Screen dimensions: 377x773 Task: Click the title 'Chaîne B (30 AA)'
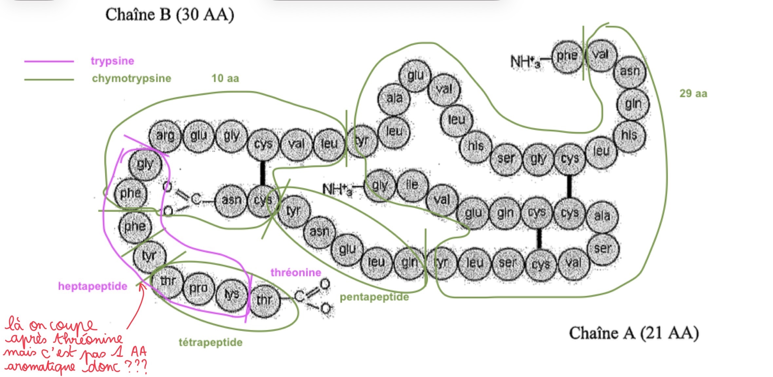(x=170, y=15)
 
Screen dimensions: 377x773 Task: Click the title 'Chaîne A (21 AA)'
(x=634, y=333)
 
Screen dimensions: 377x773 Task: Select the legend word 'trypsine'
(x=112, y=61)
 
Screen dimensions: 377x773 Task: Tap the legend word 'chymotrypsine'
(x=131, y=78)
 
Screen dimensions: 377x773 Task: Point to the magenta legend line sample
(x=49, y=61)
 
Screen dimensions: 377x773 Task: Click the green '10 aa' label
(x=225, y=78)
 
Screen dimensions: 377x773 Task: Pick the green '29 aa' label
(x=693, y=93)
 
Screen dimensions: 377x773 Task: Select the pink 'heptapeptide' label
(x=93, y=286)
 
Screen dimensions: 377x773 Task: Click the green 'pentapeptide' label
(x=374, y=297)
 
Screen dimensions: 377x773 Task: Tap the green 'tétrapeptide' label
(x=211, y=342)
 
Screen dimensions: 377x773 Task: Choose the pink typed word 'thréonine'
(x=295, y=272)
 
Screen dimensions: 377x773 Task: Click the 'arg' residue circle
(x=165, y=136)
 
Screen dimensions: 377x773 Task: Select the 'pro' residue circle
(x=198, y=288)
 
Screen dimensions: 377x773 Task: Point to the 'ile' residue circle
(x=412, y=185)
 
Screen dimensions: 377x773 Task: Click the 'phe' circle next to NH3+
(x=567, y=55)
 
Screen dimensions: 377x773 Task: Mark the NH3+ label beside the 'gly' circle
(x=337, y=189)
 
